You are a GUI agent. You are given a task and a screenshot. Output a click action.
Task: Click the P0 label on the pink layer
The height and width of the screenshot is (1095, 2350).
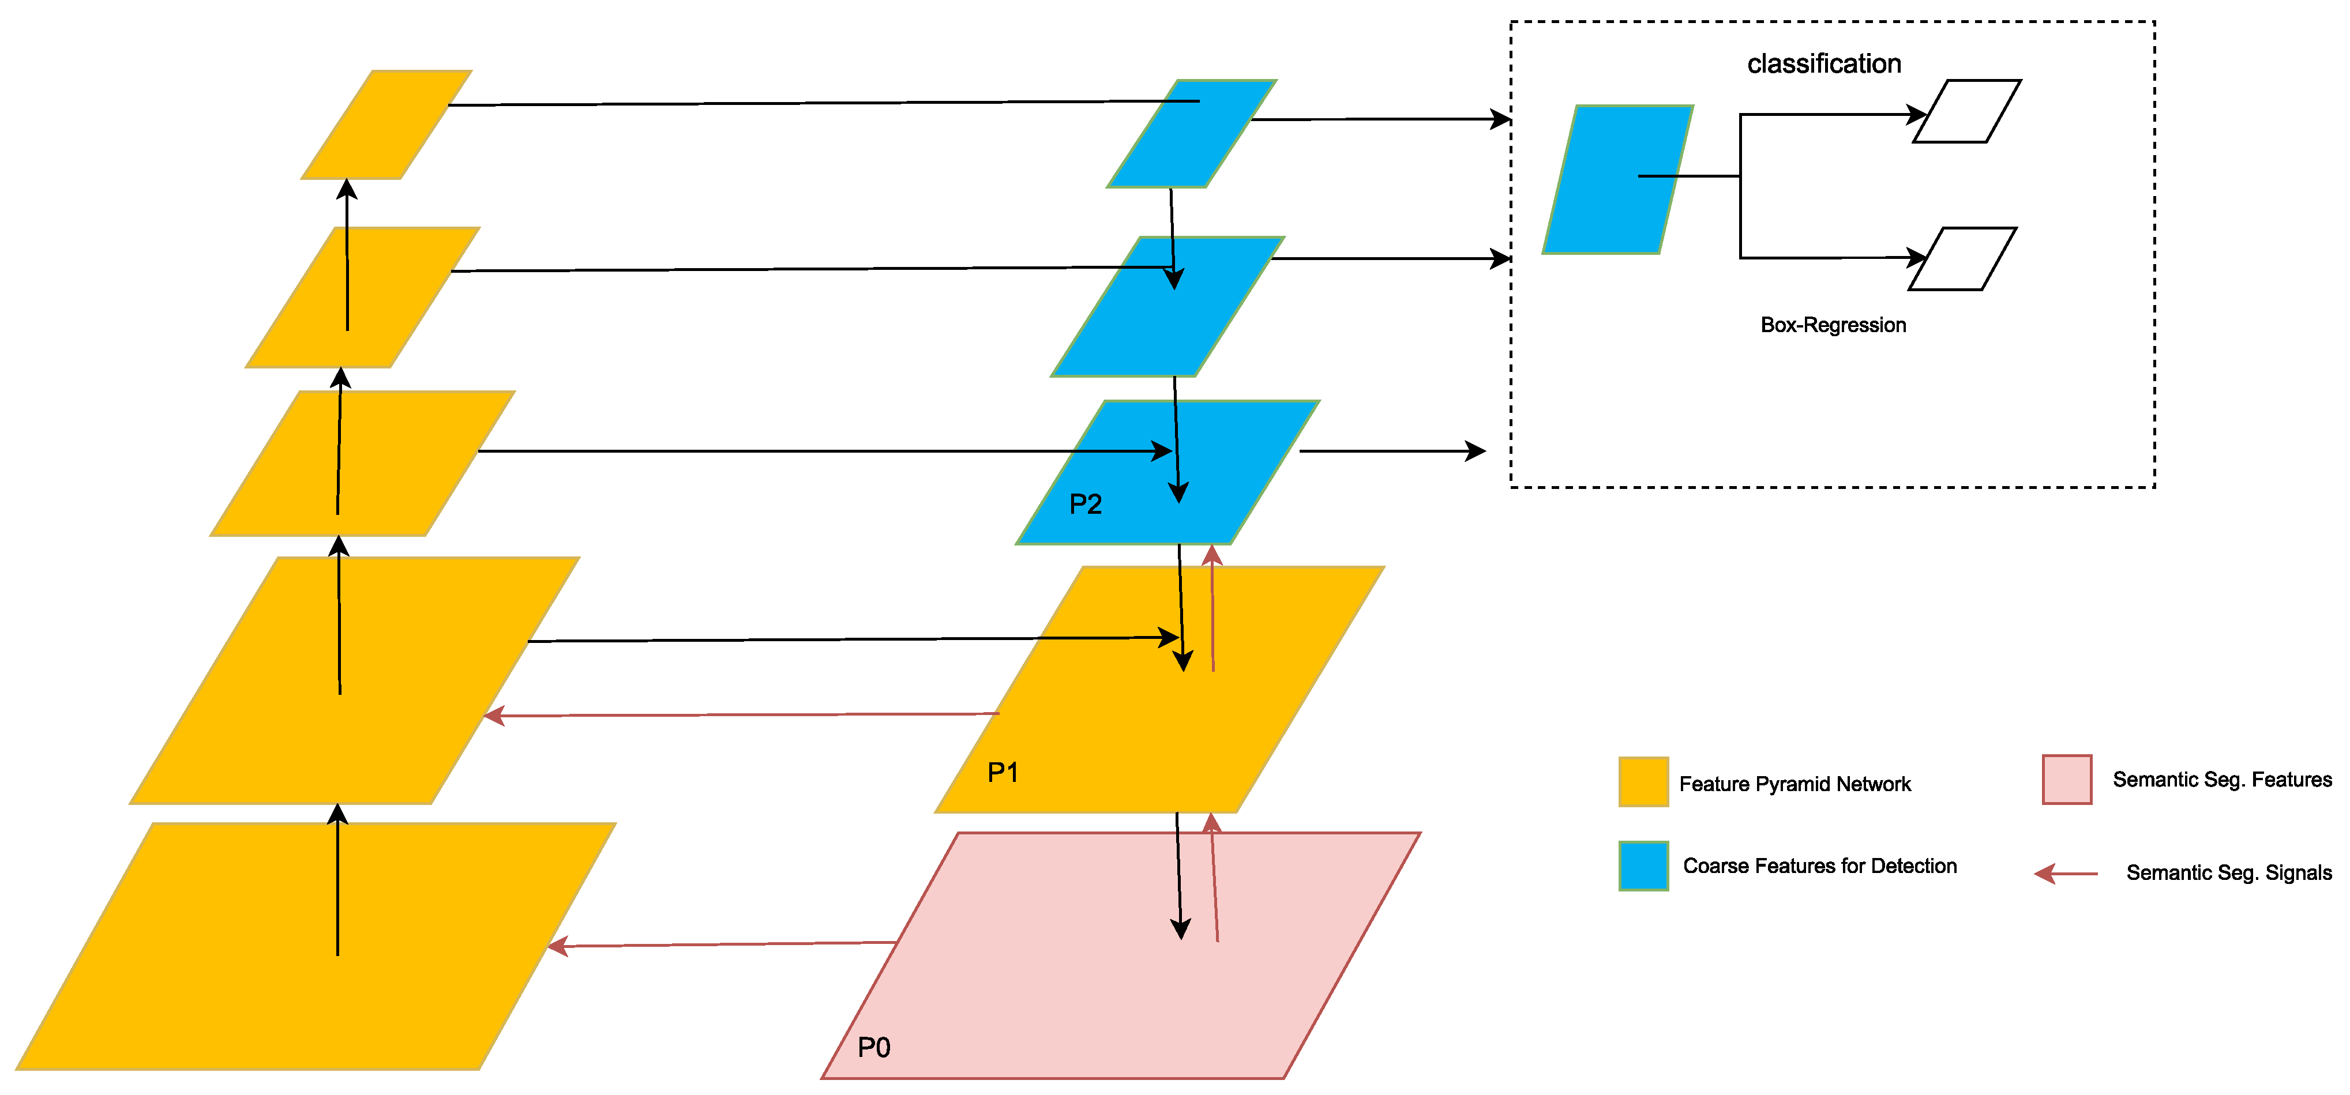click(874, 1047)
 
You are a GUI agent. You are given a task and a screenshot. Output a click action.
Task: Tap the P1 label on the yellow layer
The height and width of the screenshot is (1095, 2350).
click(1003, 772)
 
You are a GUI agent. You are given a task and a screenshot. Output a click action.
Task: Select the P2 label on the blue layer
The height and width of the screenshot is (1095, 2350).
click(1086, 504)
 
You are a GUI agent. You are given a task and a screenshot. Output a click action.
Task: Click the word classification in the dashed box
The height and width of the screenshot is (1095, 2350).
click(1823, 64)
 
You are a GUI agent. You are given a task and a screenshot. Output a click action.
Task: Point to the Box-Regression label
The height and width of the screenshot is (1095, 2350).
click(1833, 325)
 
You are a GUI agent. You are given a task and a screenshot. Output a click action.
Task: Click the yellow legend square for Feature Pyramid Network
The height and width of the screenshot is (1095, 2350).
click(1643, 781)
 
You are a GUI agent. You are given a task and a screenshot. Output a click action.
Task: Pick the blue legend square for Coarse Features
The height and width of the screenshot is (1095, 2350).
click(1643, 866)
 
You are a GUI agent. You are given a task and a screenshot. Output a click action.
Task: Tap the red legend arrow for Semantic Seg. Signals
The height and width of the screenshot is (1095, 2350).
click(2066, 874)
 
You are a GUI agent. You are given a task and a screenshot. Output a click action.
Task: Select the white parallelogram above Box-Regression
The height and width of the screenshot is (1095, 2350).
click(1962, 259)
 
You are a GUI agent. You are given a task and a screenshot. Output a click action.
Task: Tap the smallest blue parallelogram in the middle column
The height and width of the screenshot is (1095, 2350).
click(1191, 134)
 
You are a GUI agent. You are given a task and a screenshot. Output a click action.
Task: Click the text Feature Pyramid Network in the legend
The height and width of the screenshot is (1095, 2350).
click(1795, 784)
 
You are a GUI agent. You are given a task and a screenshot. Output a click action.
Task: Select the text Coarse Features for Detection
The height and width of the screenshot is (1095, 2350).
click(1819, 866)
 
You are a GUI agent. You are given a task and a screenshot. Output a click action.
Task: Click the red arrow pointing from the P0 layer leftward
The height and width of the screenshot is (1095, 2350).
click(720, 945)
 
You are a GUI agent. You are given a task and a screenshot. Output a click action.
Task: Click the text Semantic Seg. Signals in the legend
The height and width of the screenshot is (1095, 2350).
click(2229, 872)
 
